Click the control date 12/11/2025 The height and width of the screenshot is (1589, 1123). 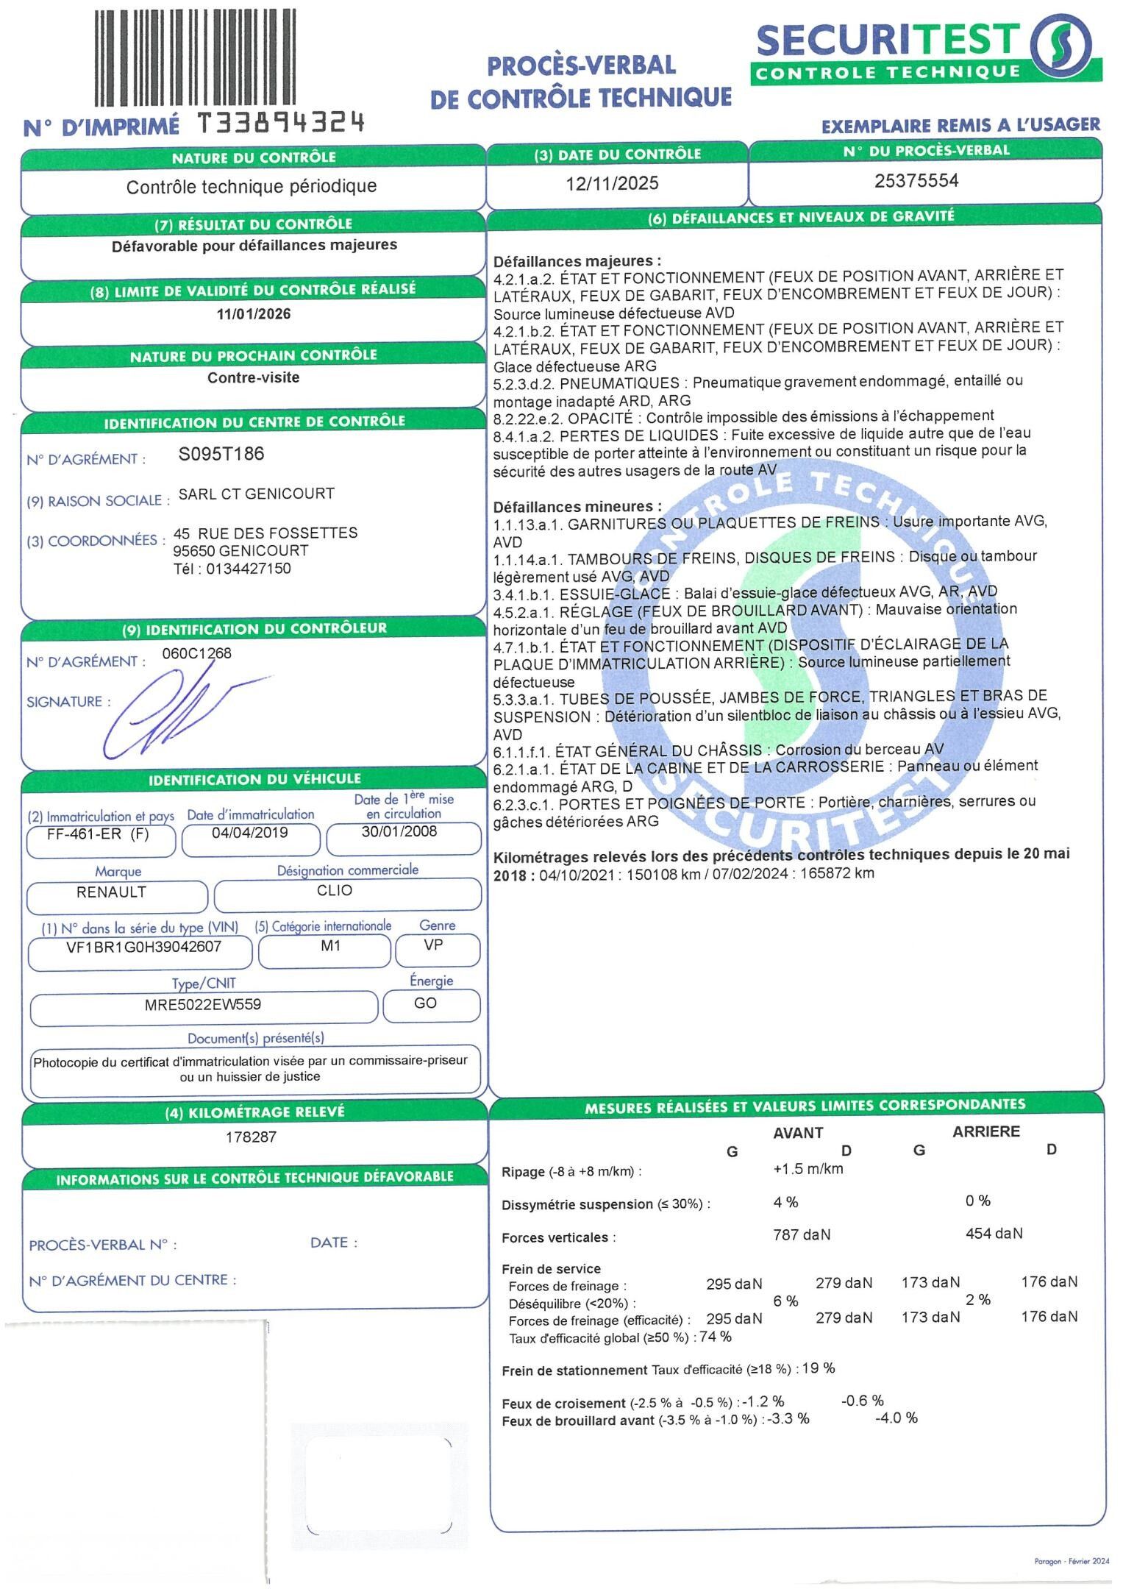(x=612, y=183)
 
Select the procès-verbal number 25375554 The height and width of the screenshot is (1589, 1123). (x=916, y=181)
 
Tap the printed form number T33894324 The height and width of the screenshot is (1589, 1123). (x=281, y=123)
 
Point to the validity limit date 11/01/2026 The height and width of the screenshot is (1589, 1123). (x=254, y=314)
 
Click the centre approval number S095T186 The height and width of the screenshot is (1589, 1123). (x=221, y=454)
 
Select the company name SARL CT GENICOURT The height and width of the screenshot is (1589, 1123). (x=257, y=494)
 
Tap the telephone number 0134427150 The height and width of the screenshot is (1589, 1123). (x=249, y=569)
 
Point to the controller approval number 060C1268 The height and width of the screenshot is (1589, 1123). (x=196, y=653)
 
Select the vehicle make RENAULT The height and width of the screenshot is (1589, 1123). (x=112, y=892)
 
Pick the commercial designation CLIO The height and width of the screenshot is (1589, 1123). (x=335, y=890)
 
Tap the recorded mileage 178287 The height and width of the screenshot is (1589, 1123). (x=252, y=1137)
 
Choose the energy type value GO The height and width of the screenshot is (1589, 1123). (x=426, y=1003)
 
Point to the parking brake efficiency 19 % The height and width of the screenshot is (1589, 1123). (x=819, y=1368)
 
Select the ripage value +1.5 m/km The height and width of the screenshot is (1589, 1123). (x=808, y=1169)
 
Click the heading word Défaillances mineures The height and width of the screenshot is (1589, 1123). (x=577, y=507)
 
